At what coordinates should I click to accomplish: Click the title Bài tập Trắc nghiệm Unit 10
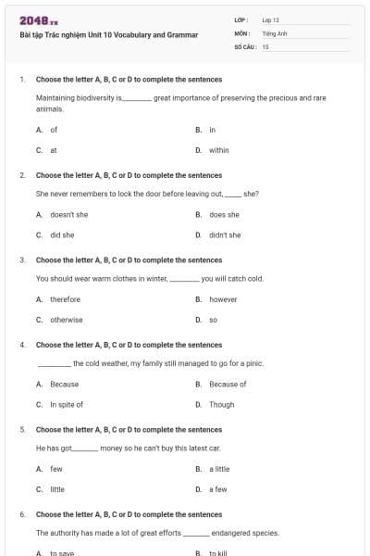(109, 34)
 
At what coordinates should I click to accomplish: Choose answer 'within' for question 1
(219, 150)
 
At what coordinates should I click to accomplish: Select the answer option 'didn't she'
(225, 235)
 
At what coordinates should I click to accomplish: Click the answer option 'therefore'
(66, 299)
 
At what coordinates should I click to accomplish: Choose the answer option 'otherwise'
(67, 320)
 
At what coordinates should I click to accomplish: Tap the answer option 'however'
(223, 299)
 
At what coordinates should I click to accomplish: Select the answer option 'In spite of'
(67, 405)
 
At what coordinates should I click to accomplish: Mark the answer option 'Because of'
(228, 384)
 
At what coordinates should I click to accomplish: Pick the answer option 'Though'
(222, 405)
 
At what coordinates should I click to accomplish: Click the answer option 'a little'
(219, 469)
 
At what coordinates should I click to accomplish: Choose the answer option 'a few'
(218, 489)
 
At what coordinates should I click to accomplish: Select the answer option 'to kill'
(218, 553)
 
